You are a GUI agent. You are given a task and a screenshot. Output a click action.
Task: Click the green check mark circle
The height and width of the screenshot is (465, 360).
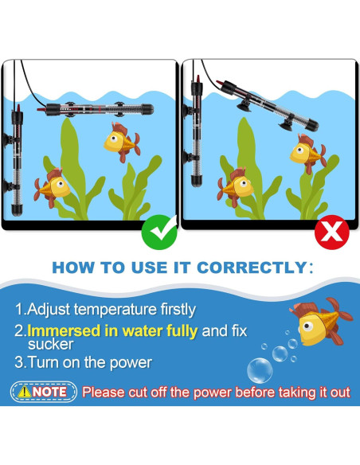158,232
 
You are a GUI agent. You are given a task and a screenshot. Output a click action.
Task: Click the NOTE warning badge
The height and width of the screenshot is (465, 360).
44,392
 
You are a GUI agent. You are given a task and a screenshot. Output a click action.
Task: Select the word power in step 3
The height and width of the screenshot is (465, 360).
131,362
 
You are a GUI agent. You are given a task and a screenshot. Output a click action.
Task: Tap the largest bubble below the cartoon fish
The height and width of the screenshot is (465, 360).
260,369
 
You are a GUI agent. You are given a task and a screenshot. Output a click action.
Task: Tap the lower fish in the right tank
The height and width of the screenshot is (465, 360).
236,186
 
